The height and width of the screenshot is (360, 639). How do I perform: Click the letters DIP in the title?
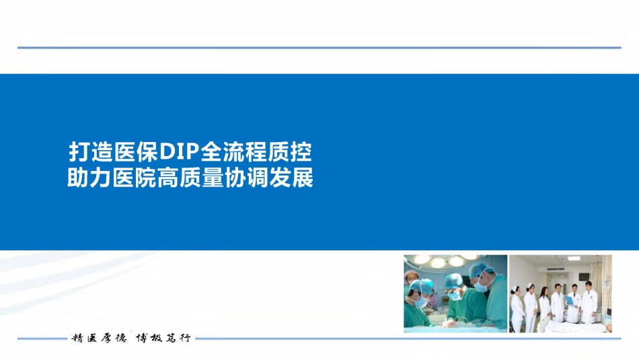tap(178, 151)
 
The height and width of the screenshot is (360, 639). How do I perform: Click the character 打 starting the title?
tap(79, 151)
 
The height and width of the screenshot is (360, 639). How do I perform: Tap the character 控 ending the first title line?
tap(301, 151)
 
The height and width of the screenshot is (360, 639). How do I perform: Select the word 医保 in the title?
tap(136, 151)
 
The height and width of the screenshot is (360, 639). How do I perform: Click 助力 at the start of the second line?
tap(89, 178)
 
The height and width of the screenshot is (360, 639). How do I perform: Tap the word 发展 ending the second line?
tap(291, 178)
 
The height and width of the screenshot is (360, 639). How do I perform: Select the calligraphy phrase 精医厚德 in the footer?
tap(99, 338)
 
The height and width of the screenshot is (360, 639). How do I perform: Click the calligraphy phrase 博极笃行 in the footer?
tap(163, 338)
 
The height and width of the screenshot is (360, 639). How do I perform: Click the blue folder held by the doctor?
tap(570, 301)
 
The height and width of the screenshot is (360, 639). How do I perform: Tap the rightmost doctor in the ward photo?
tap(589, 303)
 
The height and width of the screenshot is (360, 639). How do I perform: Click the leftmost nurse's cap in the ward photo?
tap(515, 288)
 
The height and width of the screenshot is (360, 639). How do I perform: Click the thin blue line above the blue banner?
tap(319, 48)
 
